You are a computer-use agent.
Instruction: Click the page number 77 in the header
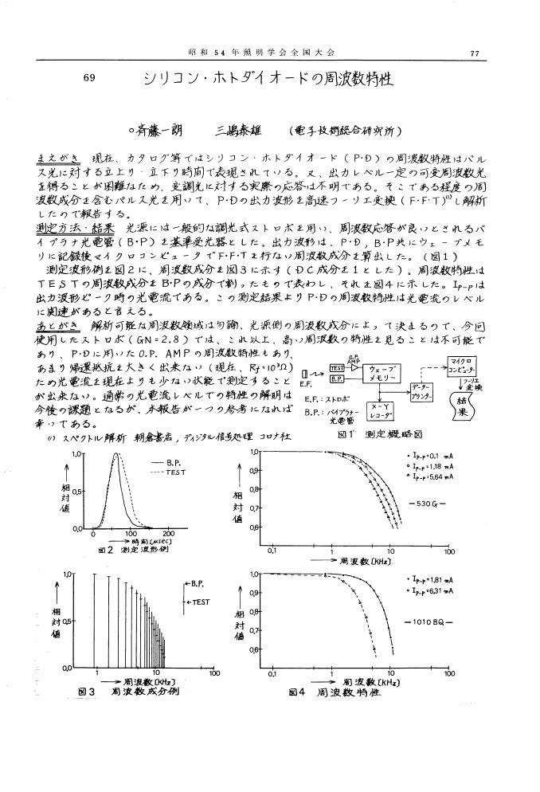click(x=475, y=54)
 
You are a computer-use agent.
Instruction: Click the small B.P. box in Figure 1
click(x=336, y=380)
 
